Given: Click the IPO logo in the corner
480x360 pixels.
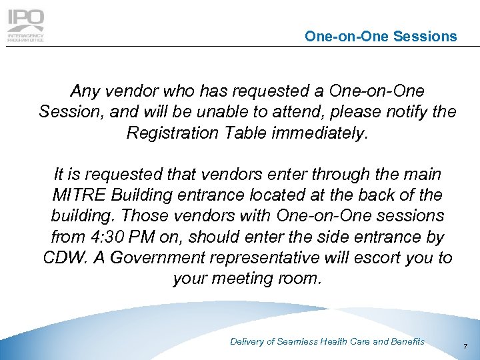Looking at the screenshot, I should (x=26, y=25).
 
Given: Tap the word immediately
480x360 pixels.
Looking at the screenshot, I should (x=320, y=133).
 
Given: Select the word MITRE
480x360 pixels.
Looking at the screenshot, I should (x=75, y=196).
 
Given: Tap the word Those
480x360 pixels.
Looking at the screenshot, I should (x=159, y=217).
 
